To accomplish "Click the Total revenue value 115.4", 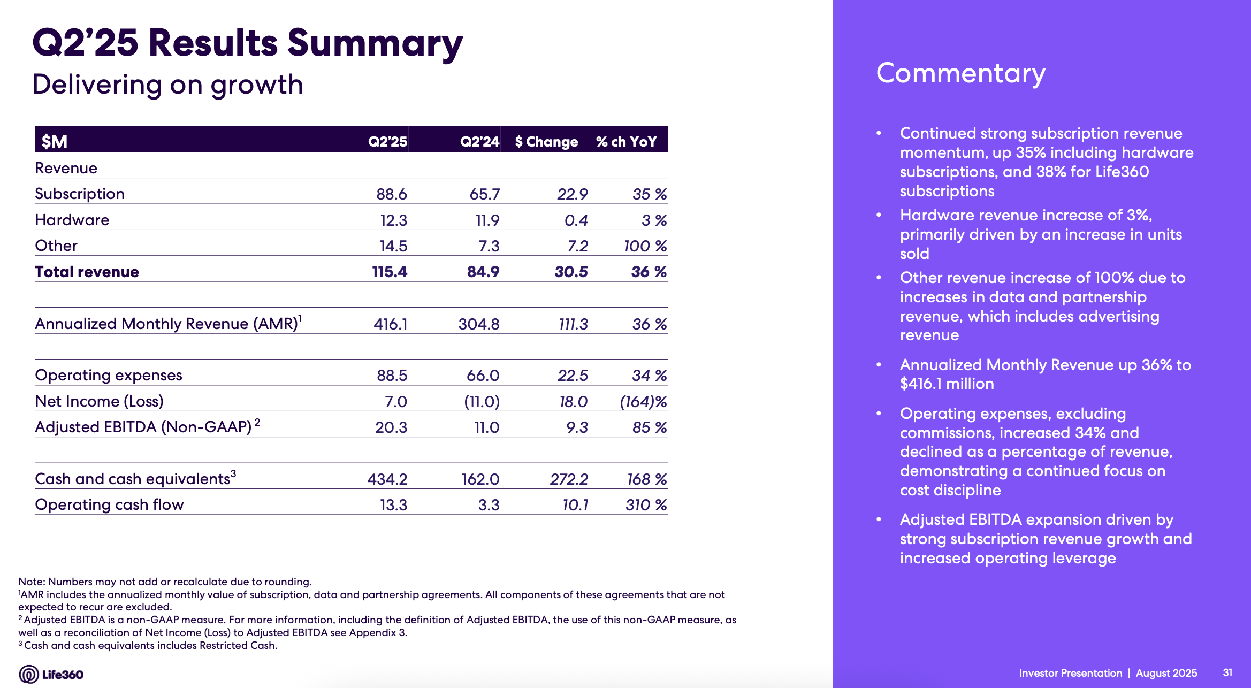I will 390,272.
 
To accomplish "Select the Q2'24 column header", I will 479,142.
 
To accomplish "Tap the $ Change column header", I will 546,142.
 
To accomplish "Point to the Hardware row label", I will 72,220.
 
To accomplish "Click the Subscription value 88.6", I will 391,194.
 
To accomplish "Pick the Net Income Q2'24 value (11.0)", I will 482,402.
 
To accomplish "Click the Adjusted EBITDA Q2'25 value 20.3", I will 391,427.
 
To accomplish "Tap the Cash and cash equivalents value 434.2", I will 387,479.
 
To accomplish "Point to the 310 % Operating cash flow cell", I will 646,505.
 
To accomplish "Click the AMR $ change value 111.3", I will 573,324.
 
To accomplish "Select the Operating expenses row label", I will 109,376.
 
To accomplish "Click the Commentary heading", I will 960,73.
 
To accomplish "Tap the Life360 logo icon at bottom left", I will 28,674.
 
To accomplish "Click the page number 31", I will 1227,672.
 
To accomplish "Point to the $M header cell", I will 55,142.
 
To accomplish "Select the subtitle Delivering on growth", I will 167,85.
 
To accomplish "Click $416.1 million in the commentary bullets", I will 947,384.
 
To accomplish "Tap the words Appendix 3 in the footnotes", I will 378,633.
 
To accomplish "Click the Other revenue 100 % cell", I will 645,246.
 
